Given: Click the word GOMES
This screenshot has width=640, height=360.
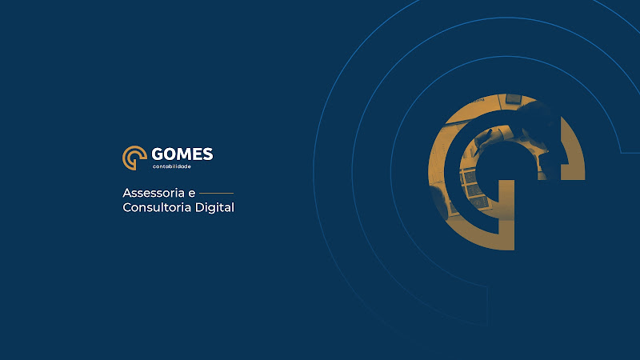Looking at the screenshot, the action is (182, 154).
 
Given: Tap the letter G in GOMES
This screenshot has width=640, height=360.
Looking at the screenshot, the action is (158, 154).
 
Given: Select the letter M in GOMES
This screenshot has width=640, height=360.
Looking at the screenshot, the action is (184, 154).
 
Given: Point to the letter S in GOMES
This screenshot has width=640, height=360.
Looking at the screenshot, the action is (208, 154).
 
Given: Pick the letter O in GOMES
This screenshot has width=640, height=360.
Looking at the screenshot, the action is (170, 154).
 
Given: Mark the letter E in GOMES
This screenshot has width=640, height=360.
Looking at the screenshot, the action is (198, 154).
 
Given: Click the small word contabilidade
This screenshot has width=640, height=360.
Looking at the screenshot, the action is (172, 166).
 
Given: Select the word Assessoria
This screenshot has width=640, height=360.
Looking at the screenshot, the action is (154, 193).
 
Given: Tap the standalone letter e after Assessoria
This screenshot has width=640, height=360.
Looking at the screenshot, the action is (191, 194).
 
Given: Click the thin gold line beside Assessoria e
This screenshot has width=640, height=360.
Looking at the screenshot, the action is (216, 193).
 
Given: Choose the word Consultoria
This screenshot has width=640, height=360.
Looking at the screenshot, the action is (157, 207).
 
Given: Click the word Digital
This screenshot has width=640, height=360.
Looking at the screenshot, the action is (214, 208).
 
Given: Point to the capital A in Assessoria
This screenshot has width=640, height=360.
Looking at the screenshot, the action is (127, 193).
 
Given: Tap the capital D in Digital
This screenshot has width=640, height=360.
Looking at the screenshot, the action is (199, 207).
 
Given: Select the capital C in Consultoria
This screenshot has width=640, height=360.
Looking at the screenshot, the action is (127, 207).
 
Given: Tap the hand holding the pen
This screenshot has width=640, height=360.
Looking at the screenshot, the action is (492, 138).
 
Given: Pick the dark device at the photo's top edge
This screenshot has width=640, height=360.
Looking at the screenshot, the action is (514, 99).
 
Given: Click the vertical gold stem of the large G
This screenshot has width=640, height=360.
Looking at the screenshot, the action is (506, 214).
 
